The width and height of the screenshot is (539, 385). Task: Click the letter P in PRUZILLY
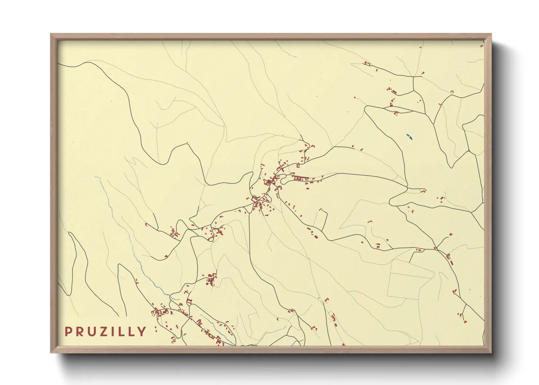(68, 332)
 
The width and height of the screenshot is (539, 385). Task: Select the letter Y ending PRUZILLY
(142, 332)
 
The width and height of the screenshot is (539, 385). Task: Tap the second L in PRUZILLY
(131, 332)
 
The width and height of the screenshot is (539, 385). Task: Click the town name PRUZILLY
(105, 332)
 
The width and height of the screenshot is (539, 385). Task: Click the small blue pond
(410, 138)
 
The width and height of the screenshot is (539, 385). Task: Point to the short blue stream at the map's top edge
(286, 49)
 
